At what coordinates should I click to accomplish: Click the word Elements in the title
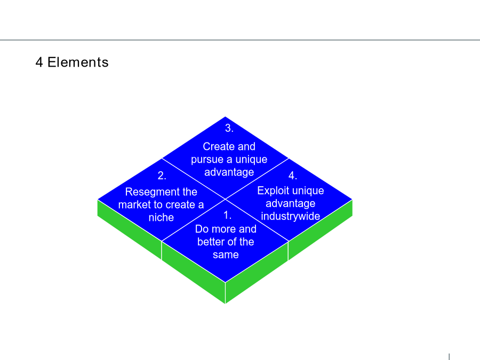78,62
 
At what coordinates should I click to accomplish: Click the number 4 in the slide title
39,62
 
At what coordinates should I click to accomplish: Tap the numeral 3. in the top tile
229,128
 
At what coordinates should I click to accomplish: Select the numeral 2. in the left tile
162,175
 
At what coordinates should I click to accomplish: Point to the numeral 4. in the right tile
293,175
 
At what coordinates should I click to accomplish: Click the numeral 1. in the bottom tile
227,215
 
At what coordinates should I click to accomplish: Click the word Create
218,146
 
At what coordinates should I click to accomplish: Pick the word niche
161,218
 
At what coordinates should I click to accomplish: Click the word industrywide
291,216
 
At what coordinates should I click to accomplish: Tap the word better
211,242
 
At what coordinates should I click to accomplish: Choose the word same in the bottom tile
226,255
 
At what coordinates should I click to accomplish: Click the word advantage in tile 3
229,172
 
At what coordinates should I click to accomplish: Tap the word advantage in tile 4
291,204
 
